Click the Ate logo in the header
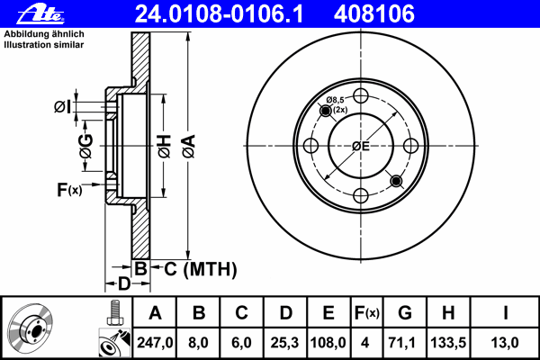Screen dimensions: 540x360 (x=40, y=14)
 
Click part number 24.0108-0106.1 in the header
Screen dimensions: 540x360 (x=219, y=13)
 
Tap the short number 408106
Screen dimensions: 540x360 (x=374, y=13)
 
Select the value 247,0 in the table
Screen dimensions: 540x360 (x=155, y=343)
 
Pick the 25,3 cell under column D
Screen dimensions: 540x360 (x=284, y=343)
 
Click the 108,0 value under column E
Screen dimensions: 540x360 (x=328, y=343)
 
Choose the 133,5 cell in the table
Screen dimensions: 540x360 (x=448, y=343)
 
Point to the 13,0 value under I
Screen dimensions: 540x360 (x=505, y=343)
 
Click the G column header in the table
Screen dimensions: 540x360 (x=405, y=313)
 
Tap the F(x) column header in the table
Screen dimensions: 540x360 (x=367, y=313)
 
